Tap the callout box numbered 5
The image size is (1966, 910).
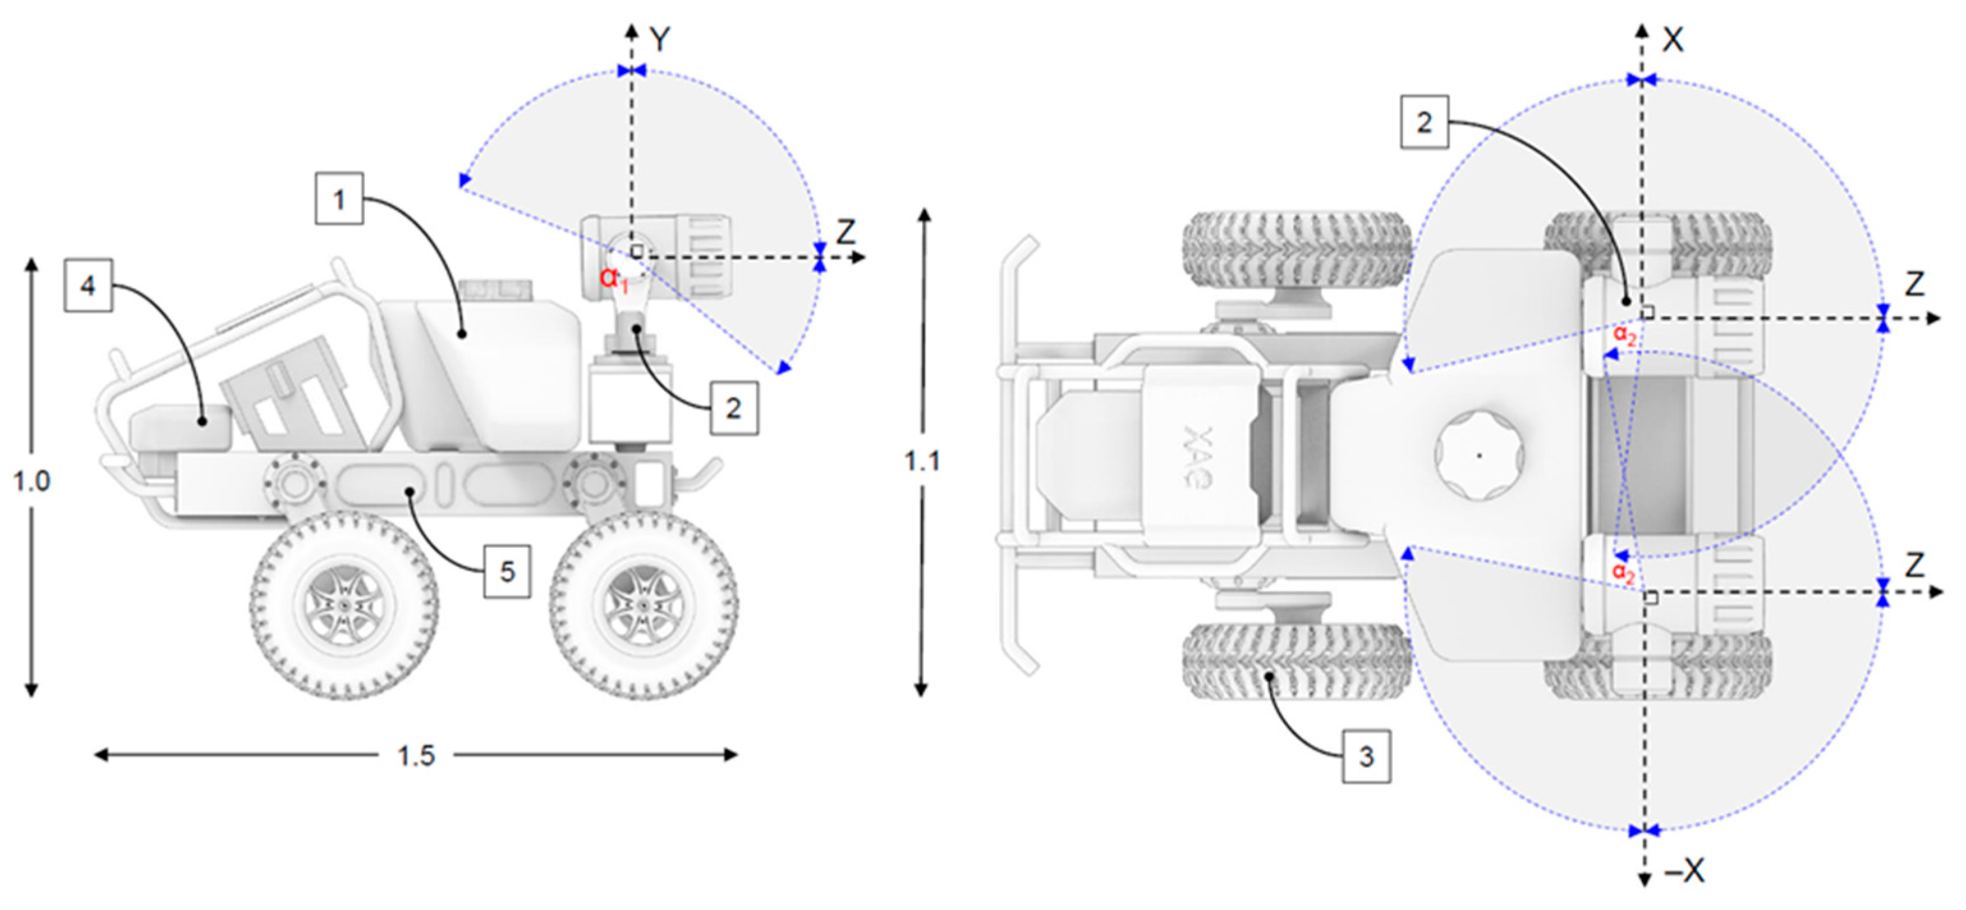click(x=507, y=571)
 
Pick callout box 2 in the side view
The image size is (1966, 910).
click(x=734, y=409)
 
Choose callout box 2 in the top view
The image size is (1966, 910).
click(x=1425, y=122)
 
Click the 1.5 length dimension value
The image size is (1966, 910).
click(x=416, y=756)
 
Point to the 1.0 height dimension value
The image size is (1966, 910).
click(x=31, y=481)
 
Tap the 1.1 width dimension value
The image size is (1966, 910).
click(x=922, y=460)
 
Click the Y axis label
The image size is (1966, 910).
click(x=661, y=40)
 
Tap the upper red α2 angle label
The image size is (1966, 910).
click(x=1624, y=336)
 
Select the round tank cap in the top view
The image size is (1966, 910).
click(x=1479, y=456)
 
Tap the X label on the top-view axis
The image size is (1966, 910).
click(x=1673, y=40)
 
